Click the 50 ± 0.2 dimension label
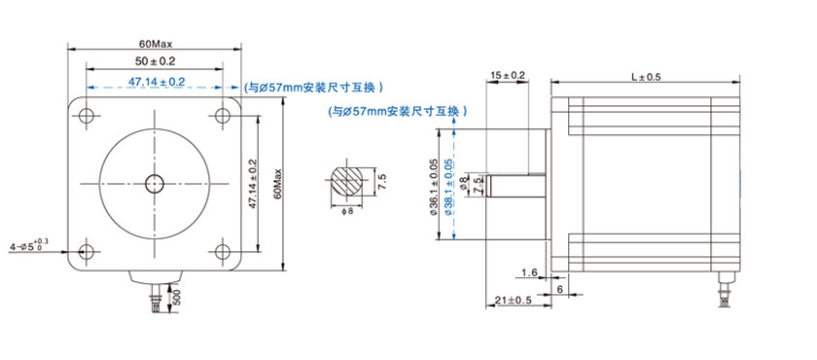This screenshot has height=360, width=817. pyautogui.click(x=156, y=61)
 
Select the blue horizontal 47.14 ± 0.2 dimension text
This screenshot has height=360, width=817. pyautogui.click(x=157, y=82)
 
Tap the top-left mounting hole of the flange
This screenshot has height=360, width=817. pyautogui.click(x=86, y=114)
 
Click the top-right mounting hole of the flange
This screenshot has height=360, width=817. pyautogui.click(x=223, y=114)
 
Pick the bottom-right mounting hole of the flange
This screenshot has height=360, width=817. pyautogui.click(x=223, y=251)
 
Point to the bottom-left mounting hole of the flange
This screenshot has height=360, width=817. pyautogui.click(x=86, y=251)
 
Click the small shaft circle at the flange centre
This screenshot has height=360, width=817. pyautogui.click(x=155, y=183)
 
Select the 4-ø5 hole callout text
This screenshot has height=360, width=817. pyautogui.click(x=29, y=244)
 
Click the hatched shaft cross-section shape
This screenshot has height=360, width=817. pyautogui.click(x=347, y=182)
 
